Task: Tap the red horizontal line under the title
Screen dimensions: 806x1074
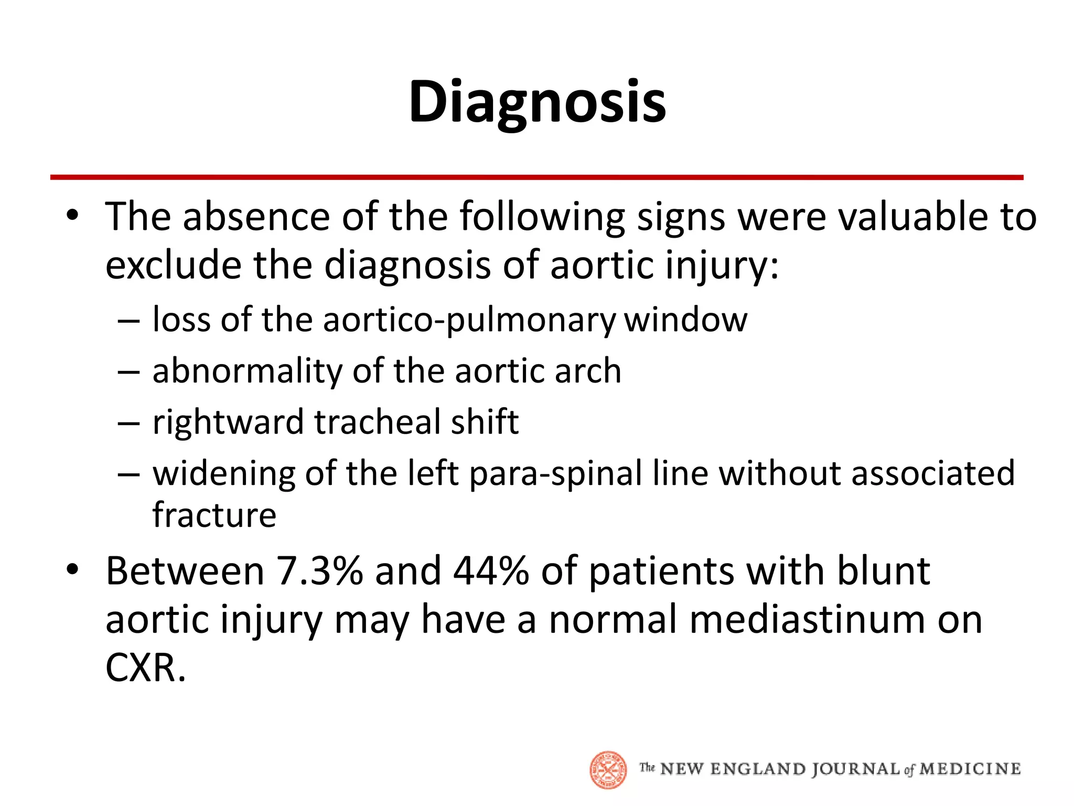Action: point(537,177)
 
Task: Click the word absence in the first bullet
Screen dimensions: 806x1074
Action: point(256,217)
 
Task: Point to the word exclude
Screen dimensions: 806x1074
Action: point(174,265)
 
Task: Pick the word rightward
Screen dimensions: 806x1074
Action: point(228,422)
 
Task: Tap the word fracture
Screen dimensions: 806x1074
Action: point(214,515)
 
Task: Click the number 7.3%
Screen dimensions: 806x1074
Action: point(319,571)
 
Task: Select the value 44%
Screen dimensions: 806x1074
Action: point(491,571)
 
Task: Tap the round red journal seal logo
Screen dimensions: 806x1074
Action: point(608,769)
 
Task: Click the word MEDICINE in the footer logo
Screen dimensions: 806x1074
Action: point(970,769)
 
